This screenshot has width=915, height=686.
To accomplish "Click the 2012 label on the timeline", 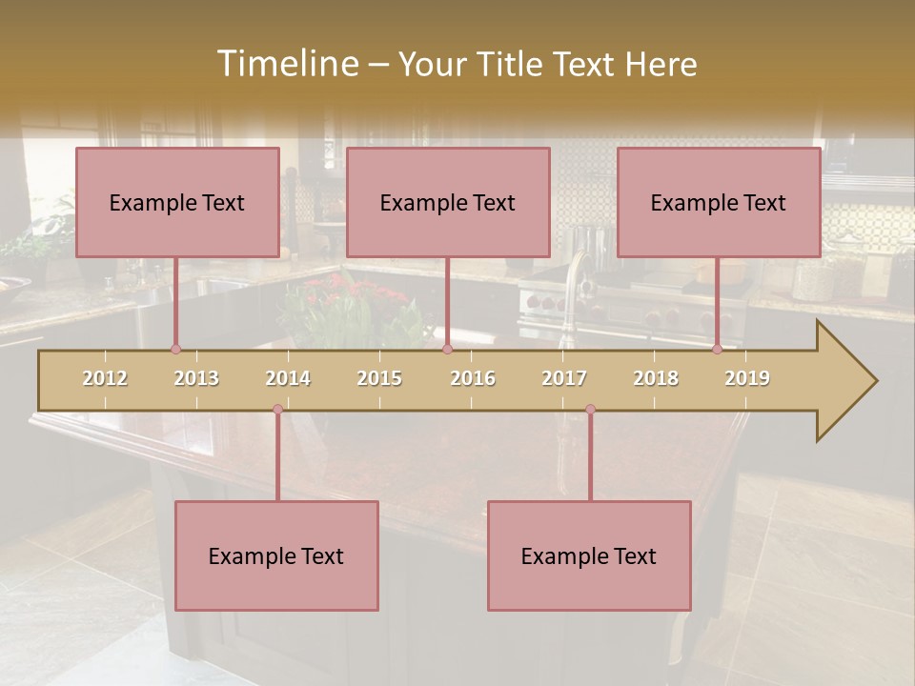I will click(x=105, y=378).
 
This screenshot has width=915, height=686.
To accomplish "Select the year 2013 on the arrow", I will click(x=196, y=378).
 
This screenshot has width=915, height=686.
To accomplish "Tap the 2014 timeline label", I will click(x=288, y=378).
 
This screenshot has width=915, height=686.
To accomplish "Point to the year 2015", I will click(x=379, y=378).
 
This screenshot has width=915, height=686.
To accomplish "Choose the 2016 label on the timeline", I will click(x=473, y=378).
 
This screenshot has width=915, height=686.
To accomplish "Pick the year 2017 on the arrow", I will click(x=564, y=378).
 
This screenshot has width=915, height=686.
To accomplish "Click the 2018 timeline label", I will click(x=656, y=378).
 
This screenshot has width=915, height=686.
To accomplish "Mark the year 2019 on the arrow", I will click(x=747, y=378).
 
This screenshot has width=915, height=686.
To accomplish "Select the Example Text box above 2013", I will click(x=177, y=202).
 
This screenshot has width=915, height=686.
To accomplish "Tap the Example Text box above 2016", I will click(x=448, y=202).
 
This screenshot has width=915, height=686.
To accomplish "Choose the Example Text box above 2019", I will click(x=719, y=202).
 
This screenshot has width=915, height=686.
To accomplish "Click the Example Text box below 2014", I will click(x=276, y=555).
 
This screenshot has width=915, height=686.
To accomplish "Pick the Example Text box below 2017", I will click(x=589, y=555).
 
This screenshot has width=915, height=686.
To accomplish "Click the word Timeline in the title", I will click(x=286, y=64).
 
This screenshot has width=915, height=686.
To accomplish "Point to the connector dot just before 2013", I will click(x=175, y=350).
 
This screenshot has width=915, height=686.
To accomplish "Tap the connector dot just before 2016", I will click(x=447, y=350).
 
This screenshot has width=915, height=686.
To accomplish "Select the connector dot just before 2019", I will click(x=717, y=350).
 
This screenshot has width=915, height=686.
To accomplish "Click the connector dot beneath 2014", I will click(x=277, y=410).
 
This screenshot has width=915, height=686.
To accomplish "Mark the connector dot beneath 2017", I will click(x=590, y=410).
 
